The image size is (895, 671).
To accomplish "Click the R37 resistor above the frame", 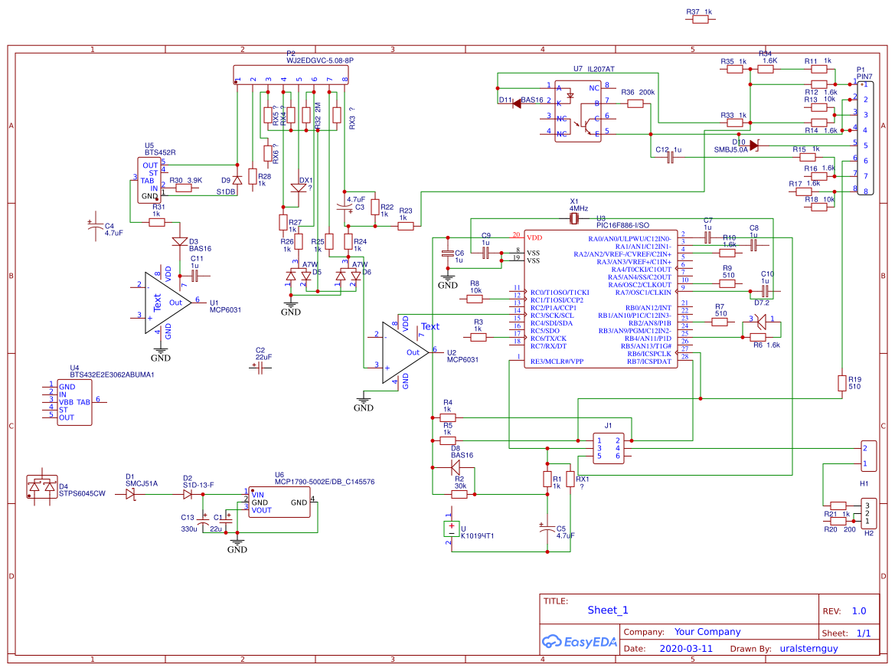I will [701, 21].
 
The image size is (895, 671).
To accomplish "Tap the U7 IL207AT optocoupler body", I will [578, 109].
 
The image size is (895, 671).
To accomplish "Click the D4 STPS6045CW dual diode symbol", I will [42, 486].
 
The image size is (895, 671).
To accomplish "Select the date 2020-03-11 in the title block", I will [685, 648].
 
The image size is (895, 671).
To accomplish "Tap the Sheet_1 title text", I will [608, 610].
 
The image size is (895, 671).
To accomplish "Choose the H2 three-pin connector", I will [867, 513].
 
